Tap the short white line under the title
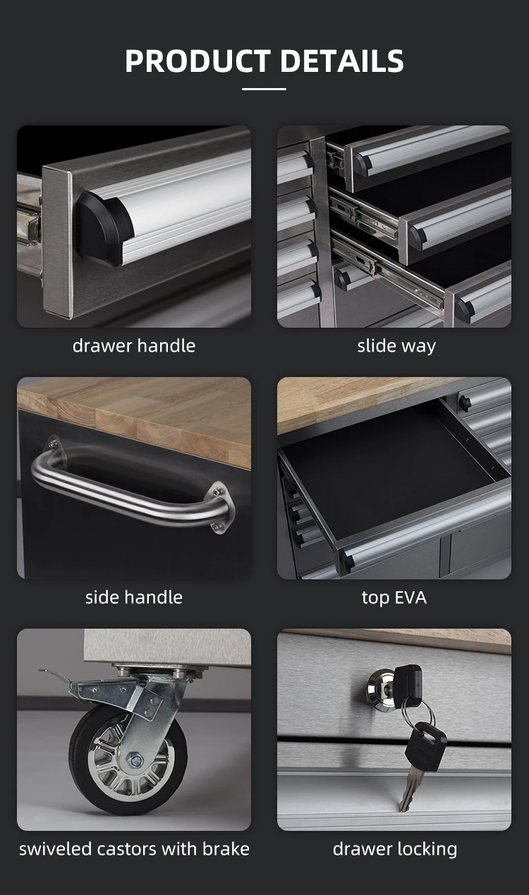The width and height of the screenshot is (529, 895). pyautogui.click(x=264, y=89)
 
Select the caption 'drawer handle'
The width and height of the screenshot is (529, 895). pyautogui.click(x=134, y=345)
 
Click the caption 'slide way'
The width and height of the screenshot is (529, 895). pyautogui.click(x=396, y=345)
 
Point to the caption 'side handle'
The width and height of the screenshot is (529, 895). pyautogui.click(x=134, y=597)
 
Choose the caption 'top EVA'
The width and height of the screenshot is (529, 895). pyautogui.click(x=394, y=597)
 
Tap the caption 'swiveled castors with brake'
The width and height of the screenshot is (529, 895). pyautogui.click(x=134, y=848)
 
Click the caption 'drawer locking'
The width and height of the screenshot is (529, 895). pyautogui.click(x=394, y=848)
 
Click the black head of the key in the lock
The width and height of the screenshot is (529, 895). pyautogui.click(x=407, y=680)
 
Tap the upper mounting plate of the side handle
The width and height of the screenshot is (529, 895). pyautogui.click(x=53, y=445)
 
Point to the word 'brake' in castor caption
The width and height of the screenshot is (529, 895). pyautogui.click(x=226, y=848)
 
